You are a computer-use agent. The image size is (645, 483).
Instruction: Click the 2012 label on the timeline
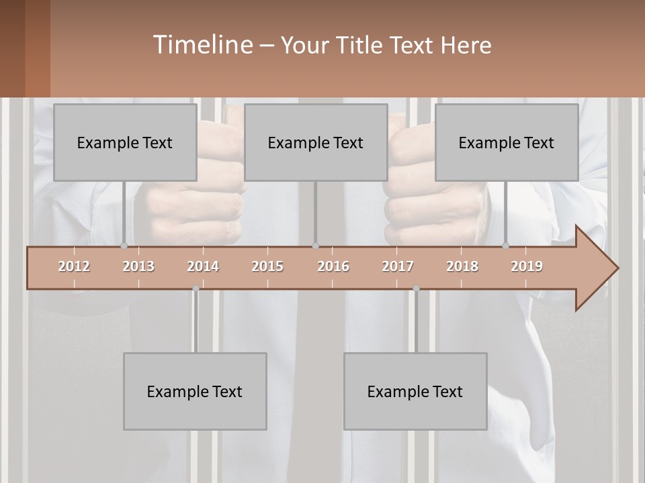(74, 266)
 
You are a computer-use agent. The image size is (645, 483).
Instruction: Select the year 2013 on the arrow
(138, 266)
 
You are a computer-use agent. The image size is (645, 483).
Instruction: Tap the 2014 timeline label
(203, 266)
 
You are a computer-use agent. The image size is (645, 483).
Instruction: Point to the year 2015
(267, 266)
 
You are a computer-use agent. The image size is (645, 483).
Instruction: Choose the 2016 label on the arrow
(333, 266)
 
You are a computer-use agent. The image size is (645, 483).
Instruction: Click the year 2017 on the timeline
(398, 266)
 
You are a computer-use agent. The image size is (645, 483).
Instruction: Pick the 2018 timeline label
(462, 266)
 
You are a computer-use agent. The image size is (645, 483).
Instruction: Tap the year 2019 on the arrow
(527, 266)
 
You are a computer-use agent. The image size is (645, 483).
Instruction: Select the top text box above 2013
(125, 142)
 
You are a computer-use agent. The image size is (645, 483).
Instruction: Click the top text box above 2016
(316, 142)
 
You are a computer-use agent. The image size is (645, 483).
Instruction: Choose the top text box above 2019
(507, 142)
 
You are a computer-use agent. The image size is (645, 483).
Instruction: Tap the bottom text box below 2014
(195, 391)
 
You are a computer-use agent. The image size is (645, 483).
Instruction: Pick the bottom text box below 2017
(415, 391)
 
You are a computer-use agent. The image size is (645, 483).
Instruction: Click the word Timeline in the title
(202, 45)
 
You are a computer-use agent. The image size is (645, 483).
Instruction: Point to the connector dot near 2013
(124, 246)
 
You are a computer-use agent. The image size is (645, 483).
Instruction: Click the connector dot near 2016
(316, 246)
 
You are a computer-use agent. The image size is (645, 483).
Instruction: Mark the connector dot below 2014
(196, 288)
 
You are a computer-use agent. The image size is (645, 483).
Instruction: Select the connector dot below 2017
(416, 288)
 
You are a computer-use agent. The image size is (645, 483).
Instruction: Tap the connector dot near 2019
(506, 246)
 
